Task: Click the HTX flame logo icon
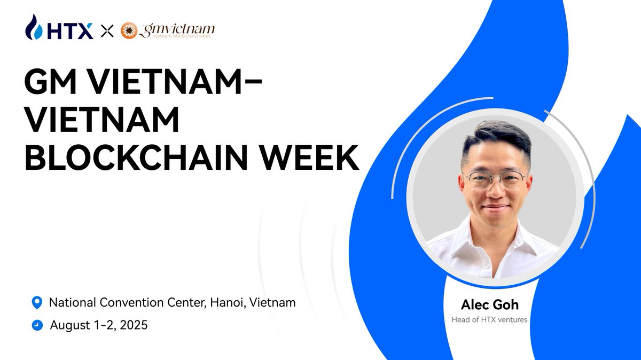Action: [34, 27]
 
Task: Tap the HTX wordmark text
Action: [70, 31]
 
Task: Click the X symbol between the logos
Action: [107, 31]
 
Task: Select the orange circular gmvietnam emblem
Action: [129, 30]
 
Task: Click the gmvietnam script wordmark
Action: [177, 30]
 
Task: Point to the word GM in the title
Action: [50, 82]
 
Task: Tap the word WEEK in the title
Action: [310, 157]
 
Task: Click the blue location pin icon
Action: [37, 303]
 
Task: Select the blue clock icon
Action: [37, 325]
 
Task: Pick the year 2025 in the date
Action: [134, 325]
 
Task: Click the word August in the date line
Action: [70, 326]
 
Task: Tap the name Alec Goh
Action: [490, 304]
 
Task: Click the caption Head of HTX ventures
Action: [489, 319]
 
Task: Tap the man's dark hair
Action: [498, 140]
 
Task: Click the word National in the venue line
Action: [73, 302]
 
